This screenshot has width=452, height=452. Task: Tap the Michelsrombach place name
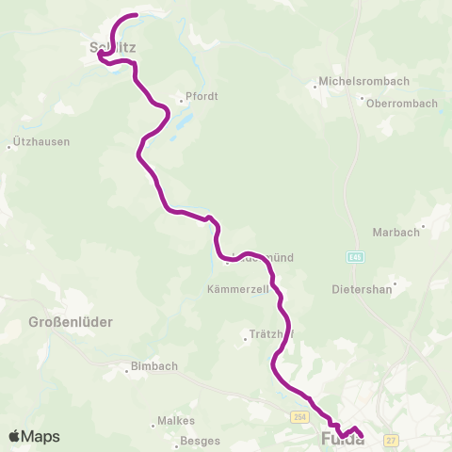(x=354, y=81)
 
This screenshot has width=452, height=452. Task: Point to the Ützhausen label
(x=40, y=142)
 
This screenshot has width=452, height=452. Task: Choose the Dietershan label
(x=363, y=290)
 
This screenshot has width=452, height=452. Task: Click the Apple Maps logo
(x=34, y=437)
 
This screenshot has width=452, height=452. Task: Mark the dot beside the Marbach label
(x=424, y=227)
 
